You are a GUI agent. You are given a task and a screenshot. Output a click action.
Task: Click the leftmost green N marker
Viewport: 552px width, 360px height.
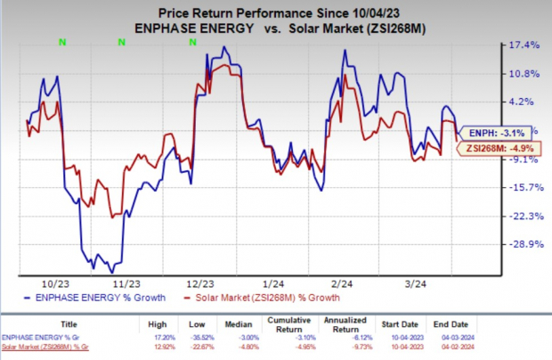61,40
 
